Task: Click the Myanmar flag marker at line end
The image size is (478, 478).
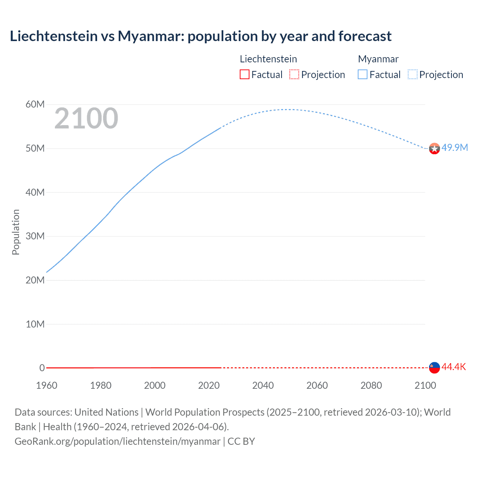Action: coord(434,149)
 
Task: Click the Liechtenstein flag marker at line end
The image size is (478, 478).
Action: coord(434,367)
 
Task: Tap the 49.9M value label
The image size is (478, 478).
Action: coord(454,148)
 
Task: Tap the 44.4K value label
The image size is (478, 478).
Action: coord(453,367)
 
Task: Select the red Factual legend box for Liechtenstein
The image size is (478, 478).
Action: coord(244,74)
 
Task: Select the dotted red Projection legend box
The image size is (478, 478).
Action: coord(294,74)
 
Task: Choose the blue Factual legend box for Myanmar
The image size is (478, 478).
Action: coord(362,74)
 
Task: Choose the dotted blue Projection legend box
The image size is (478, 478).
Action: coord(413,74)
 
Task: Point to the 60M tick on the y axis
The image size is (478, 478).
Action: coord(35,104)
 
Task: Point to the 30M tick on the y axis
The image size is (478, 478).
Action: coord(35,236)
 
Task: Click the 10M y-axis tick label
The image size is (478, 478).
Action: coord(35,324)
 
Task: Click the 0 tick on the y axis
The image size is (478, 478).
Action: coord(42,368)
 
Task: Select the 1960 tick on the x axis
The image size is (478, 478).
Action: coord(47,385)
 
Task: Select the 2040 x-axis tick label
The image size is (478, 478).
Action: coord(263,385)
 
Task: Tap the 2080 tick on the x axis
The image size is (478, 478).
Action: coord(371,385)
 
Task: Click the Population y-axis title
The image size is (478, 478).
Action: coord(16,232)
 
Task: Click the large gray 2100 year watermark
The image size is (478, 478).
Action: coord(86,118)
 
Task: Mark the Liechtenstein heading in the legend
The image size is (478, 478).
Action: coord(268,59)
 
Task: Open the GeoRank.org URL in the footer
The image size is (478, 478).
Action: coord(117,441)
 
